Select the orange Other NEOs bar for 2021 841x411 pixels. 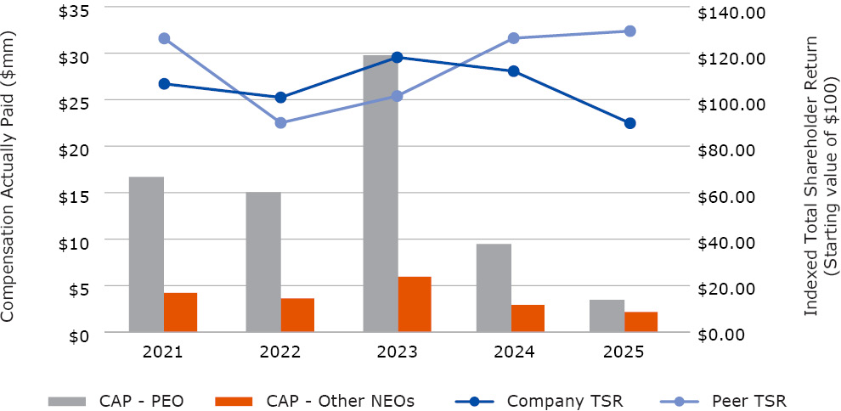[180, 312]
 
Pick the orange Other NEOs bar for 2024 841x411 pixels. [528, 318]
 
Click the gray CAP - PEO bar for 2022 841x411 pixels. [263, 262]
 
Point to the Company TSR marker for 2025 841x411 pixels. [629, 123]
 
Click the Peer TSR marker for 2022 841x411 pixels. [281, 123]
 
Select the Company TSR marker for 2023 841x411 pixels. [398, 57]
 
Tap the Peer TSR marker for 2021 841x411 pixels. [164, 38]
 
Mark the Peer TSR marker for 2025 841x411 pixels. [629, 31]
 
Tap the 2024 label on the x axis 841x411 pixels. [513, 352]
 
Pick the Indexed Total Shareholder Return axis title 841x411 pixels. [821, 177]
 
